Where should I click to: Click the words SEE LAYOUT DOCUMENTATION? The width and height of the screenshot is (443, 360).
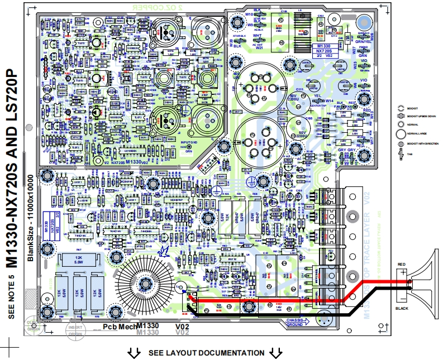coord(206,353)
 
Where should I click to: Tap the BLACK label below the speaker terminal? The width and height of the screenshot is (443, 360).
coord(402,308)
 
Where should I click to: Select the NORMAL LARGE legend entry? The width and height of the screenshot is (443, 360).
coord(413,134)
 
